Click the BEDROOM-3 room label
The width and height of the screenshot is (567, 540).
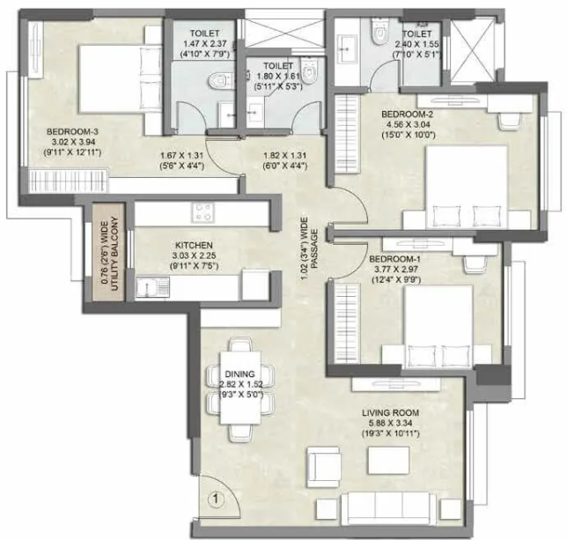pos(71,132)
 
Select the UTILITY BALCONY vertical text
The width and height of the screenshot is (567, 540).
pos(112,252)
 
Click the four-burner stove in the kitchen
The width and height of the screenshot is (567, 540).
pos(204,212)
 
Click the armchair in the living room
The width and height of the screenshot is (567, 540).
pos(322,463)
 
